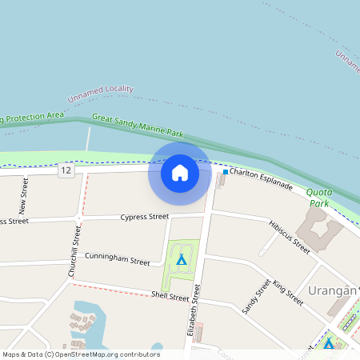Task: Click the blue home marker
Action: click(180, 173)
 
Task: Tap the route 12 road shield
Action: click(66, 170)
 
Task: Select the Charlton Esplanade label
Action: click(262, 178)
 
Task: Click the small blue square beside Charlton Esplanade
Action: click(226, 172)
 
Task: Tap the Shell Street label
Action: click(170, 296)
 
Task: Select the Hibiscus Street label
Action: click(290, 237)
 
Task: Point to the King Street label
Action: click(288, 293)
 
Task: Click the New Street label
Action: click(23, 196)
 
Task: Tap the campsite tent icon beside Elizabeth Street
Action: click(182, 260)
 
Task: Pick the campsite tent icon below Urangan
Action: click(328, 343)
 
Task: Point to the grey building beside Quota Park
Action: click(322, 233)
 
